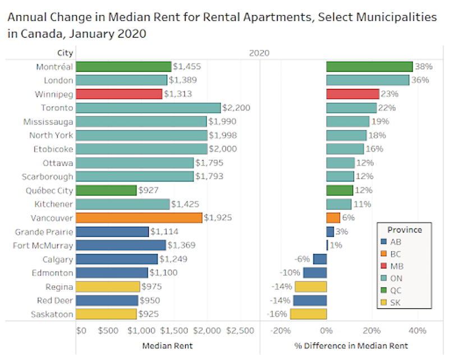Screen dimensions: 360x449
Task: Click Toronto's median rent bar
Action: pyautogui.click(x=148, y=108)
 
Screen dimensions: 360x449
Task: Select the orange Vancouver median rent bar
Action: pyautogui.click(x=139, y=217)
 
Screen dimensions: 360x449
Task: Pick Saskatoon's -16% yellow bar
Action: pyautogui.click(x=308, y=314)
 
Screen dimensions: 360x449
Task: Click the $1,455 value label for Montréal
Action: pyautogui.click(x=187, y=66)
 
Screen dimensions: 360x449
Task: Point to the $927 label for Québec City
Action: pyautogui.click(x=149, y=190)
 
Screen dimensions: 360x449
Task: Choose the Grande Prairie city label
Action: pyautogui.click(x=44, y=231)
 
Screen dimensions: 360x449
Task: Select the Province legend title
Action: pyautogui.click(x=405, y=230)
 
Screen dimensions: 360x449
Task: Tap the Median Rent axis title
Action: pyautogui.click(x=167, y=345)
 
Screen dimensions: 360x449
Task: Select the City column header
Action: pyautogui.click(x=65, y=53)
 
